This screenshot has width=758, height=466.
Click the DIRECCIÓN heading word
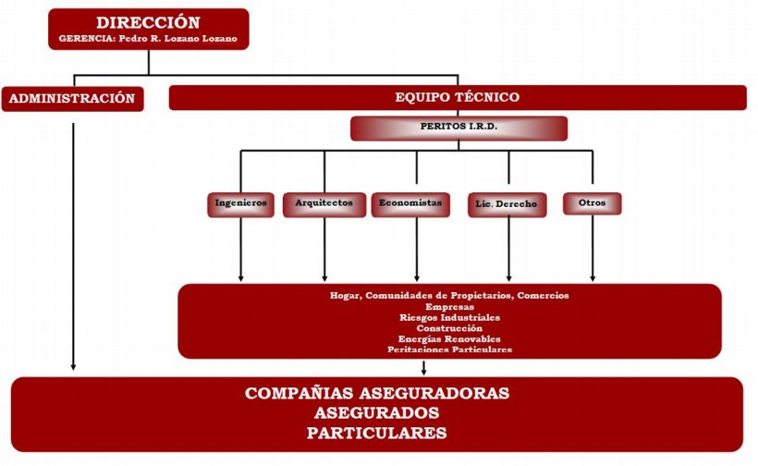tap(149, 22)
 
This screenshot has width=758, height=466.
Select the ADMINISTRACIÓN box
tap(73, 98)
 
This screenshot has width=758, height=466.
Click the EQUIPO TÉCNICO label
tap(457, 97)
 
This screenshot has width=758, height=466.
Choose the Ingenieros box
tap(240, 203)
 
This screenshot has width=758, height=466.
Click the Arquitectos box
tap(324, 203)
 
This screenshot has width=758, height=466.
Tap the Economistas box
tap(410, 202)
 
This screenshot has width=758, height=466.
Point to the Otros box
tap(592, 203)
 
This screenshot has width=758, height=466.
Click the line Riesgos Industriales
tap(449, 317)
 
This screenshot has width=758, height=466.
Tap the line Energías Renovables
tap(449, 338)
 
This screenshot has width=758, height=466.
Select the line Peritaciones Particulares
tap(449, 349)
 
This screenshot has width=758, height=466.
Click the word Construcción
tap(449, 328)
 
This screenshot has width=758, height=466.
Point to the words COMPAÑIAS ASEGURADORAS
tap(377, 394)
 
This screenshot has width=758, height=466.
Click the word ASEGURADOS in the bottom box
tap(377, 413)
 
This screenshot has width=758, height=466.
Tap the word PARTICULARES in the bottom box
tap(377, 433)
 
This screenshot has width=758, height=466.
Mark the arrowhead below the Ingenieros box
tap(240, 276)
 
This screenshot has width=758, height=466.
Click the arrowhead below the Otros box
tap(592, 276)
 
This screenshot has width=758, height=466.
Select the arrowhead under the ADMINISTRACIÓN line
tap(73, 369)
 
